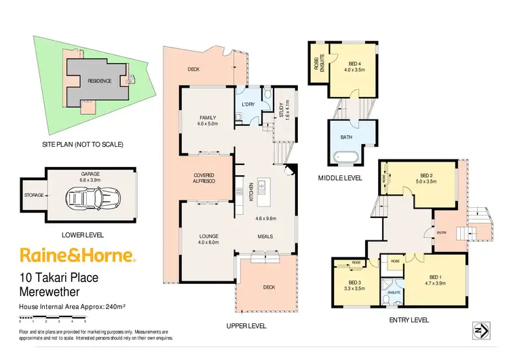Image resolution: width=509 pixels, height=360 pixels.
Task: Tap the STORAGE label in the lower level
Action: click(34, 195)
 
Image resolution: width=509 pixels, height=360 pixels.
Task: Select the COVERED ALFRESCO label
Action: click(204, 178)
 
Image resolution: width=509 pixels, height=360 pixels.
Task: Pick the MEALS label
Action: click(265, 236)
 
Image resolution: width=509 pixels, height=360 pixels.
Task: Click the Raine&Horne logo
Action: click(78, 255)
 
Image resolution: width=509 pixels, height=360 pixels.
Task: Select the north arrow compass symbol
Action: click(479, 331)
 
